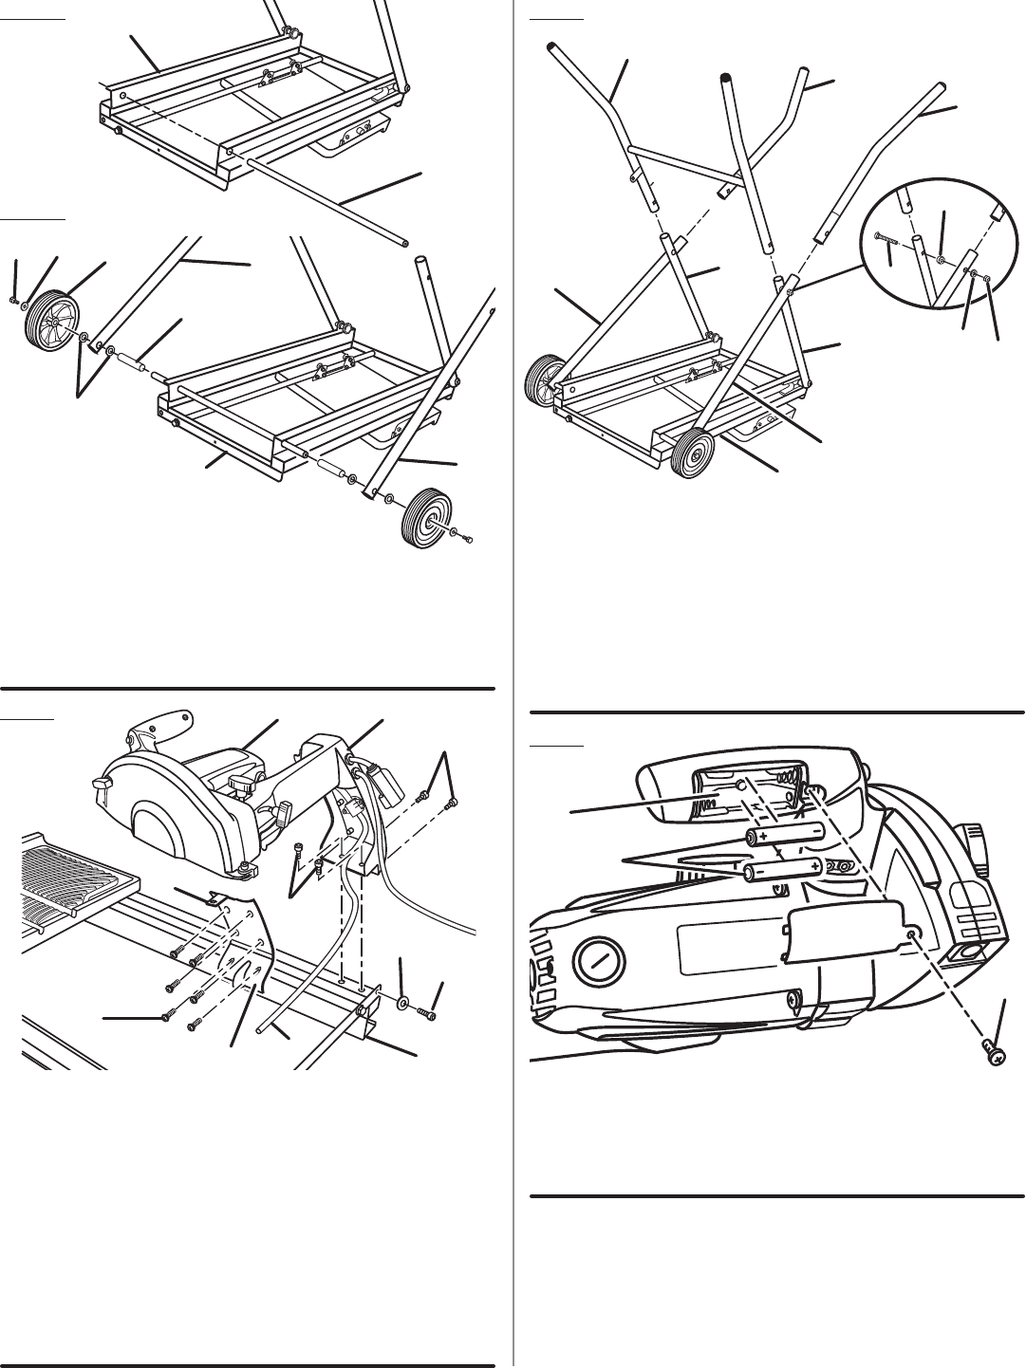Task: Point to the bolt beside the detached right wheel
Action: [467, 539]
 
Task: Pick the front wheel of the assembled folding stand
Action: [693, 453]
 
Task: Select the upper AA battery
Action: [786, 835]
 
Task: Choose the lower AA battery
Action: [782, 869]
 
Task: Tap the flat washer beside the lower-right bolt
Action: [405, 1002]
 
